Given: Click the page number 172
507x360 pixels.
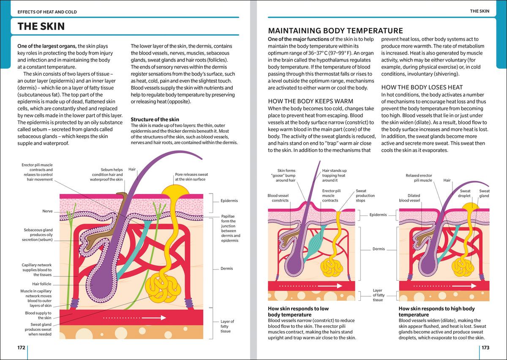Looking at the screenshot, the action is (21, 348).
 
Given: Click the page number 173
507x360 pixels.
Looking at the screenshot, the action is (485, 348).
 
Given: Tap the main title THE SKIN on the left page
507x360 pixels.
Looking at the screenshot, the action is (41, 26).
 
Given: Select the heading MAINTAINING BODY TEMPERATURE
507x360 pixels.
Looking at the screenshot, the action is (335, 30).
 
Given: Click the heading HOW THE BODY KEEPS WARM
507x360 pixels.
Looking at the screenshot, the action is (311, 101).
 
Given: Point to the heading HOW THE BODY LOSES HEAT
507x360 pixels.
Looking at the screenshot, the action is (422, 87).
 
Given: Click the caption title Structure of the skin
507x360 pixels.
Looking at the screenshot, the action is (155, 119).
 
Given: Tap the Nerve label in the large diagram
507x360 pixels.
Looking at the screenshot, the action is (47, 211).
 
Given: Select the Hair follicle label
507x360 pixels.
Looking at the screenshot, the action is (42, 284).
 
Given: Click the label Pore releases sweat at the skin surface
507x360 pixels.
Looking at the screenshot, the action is (191, 177).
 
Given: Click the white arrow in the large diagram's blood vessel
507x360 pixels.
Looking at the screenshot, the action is (135, 318).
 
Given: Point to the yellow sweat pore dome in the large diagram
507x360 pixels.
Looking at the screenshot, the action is (175, 190).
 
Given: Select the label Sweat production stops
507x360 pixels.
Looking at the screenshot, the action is (365, 196).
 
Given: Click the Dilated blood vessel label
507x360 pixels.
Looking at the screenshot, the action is (409, 198).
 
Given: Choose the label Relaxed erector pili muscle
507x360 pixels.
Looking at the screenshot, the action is (419, 178).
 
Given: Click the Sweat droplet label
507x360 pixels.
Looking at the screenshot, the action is (464, 194).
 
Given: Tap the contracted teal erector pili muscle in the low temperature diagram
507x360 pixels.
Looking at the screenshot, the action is (316, 243).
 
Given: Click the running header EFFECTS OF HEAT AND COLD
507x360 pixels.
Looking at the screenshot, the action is (47, 12).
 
